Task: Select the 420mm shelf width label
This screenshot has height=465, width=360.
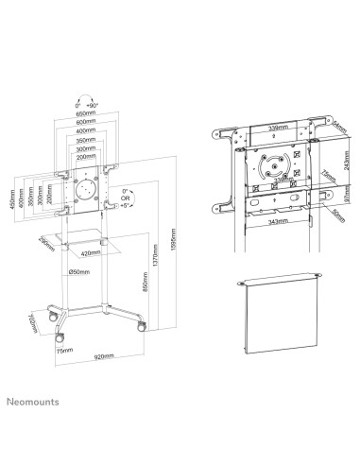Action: click(x=93, y=254)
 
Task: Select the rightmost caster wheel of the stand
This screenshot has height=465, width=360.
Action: click(x=142, y=324)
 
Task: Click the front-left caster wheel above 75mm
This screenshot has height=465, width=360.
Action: click(x=60, y=336)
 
